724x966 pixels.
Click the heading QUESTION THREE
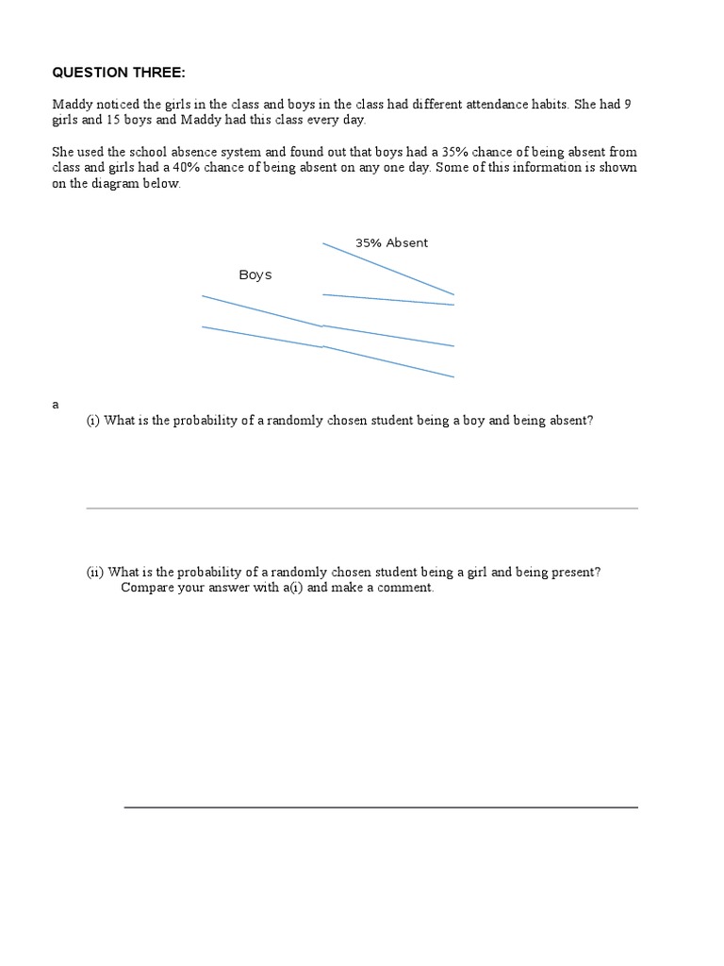point(114,72)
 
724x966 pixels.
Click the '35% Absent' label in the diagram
point(391,243)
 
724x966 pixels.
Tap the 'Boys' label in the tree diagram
point(255,275)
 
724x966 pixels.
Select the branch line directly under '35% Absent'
point(388,269)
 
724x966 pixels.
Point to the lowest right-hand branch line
point(388,361)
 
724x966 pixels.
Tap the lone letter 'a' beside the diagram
point(56,404)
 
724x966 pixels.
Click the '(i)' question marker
point(93,421)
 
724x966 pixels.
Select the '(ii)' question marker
point(95,572)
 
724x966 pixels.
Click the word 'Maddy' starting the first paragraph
point(72,104)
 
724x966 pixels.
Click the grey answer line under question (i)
point(362,508)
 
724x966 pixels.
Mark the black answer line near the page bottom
point(381,808)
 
